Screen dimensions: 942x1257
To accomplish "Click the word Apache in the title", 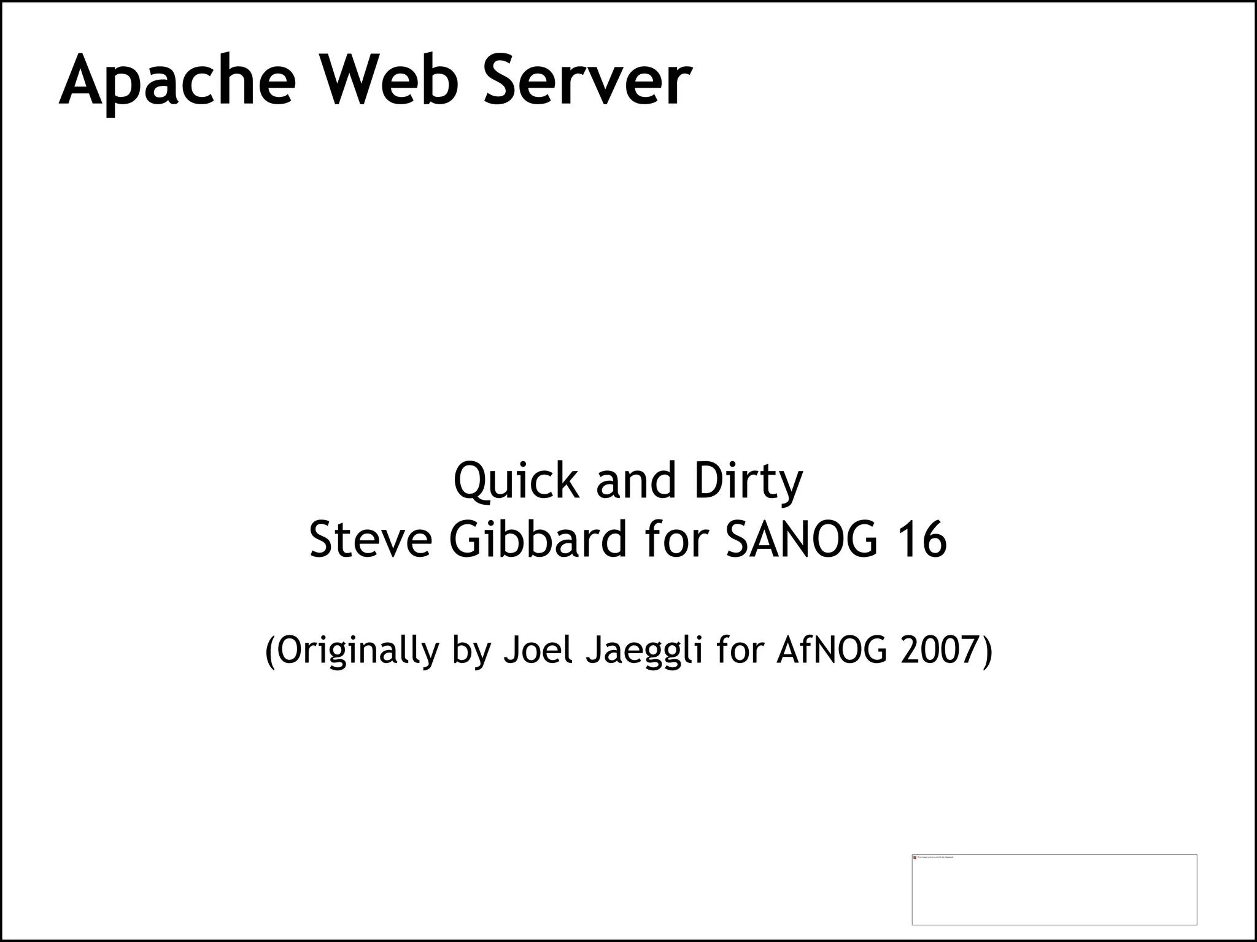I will point(177,82).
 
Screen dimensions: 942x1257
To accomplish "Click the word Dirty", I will point(748,482).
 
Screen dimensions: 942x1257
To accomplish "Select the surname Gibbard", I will point(538,540).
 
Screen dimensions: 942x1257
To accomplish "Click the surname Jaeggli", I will point(644,651).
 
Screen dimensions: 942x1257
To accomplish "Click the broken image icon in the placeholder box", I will point(915,857).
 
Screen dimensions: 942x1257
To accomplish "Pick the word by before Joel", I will point(471,651).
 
